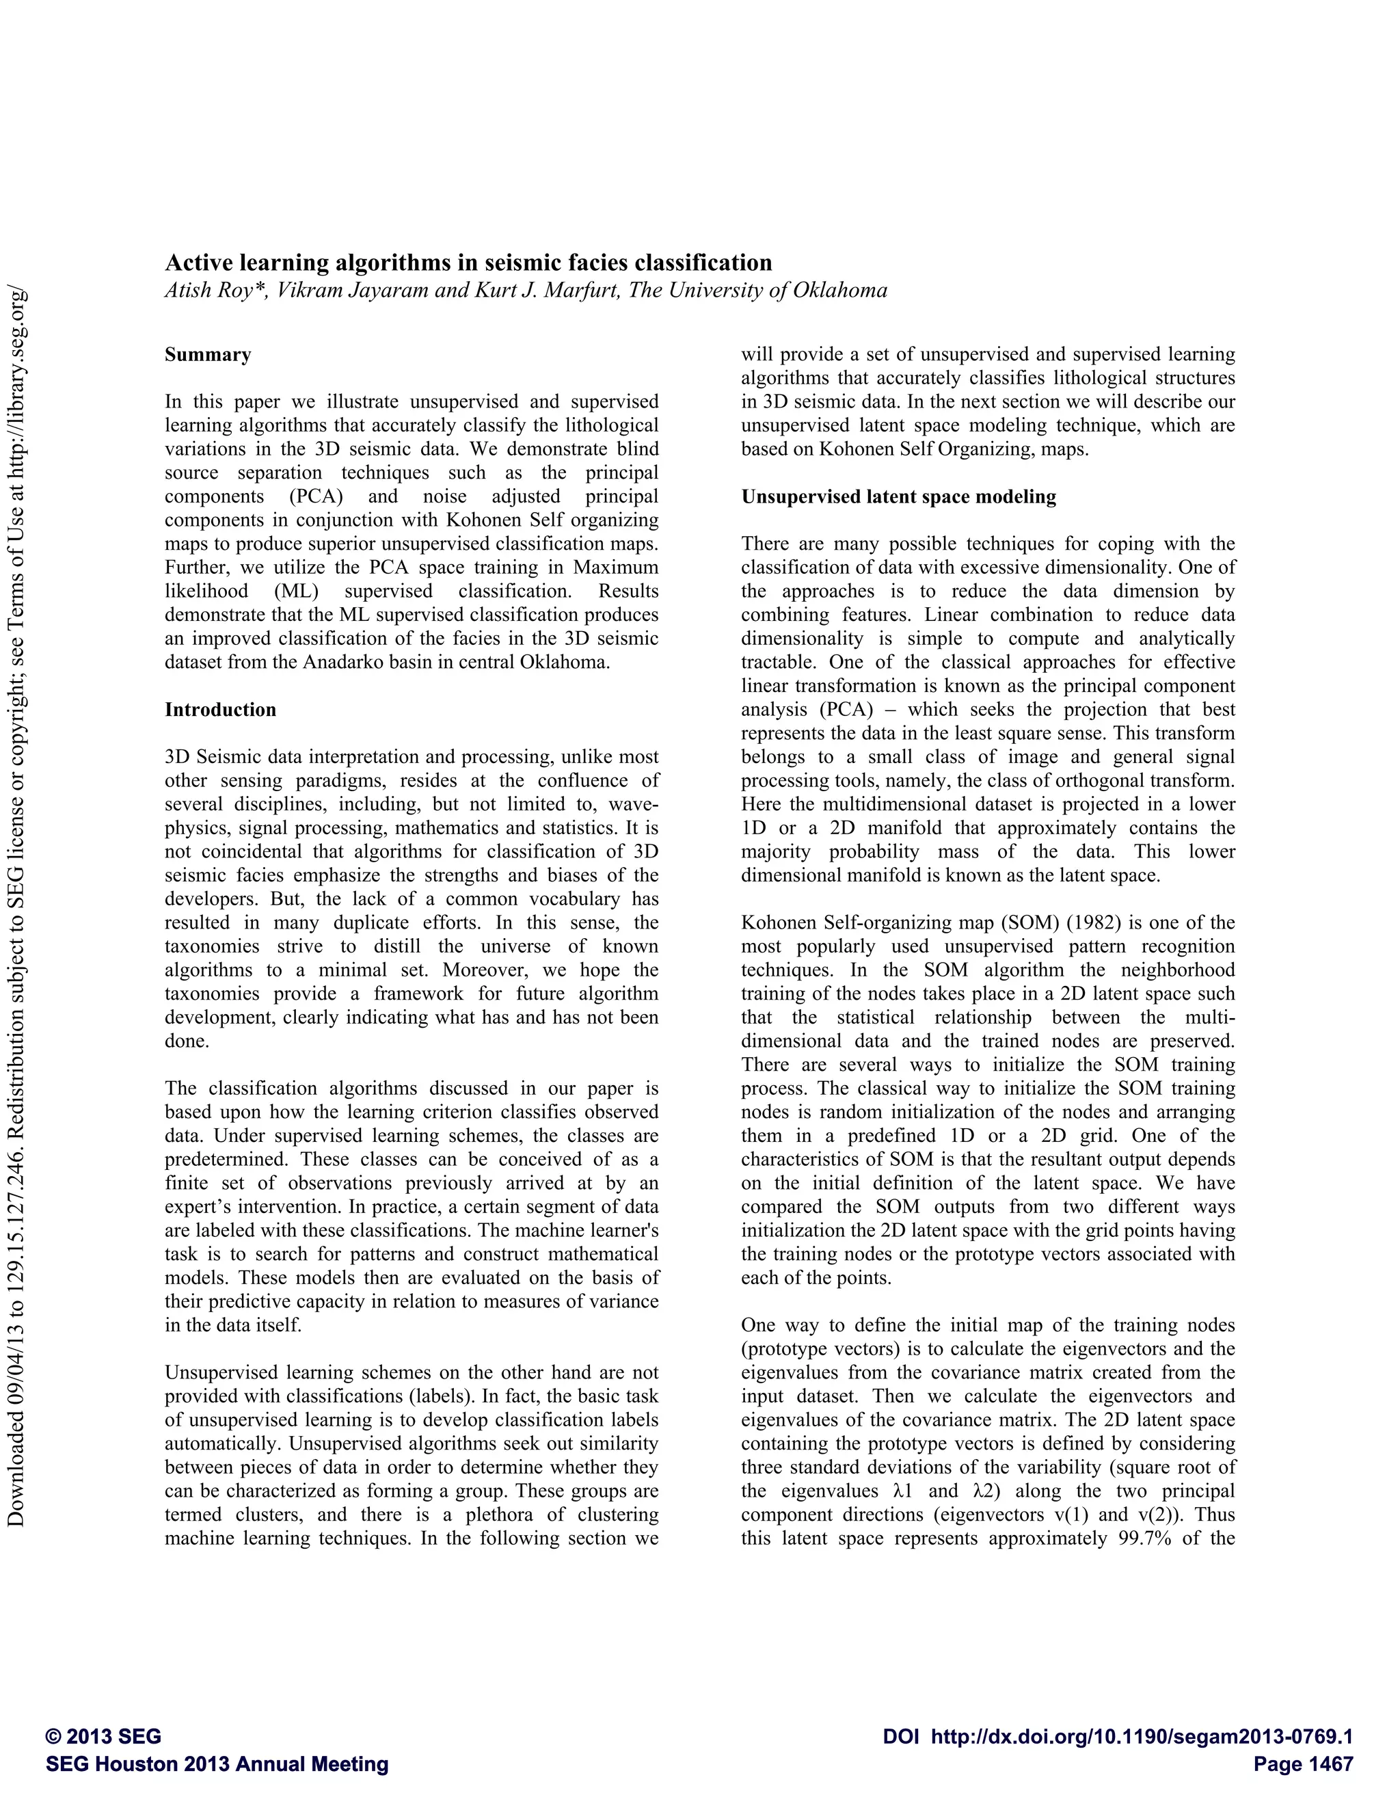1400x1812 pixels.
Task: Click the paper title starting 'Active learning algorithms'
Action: click(x=468, y=263)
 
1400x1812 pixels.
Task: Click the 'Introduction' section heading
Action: click(x=220, y=709)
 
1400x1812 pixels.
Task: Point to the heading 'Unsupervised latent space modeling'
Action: click(x=898, y=497)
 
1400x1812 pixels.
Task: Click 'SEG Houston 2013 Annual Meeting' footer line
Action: click(x=217, y=1764)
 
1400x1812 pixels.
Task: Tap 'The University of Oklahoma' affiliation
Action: click(x=757, y=291)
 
